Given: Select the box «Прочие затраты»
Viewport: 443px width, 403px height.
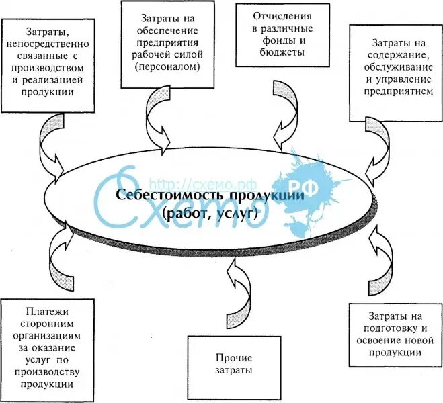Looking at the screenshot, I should click(234, 363).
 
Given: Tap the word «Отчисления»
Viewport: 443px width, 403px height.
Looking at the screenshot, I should click(273, 13).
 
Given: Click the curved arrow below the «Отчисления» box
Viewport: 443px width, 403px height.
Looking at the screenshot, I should click(284, 114).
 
